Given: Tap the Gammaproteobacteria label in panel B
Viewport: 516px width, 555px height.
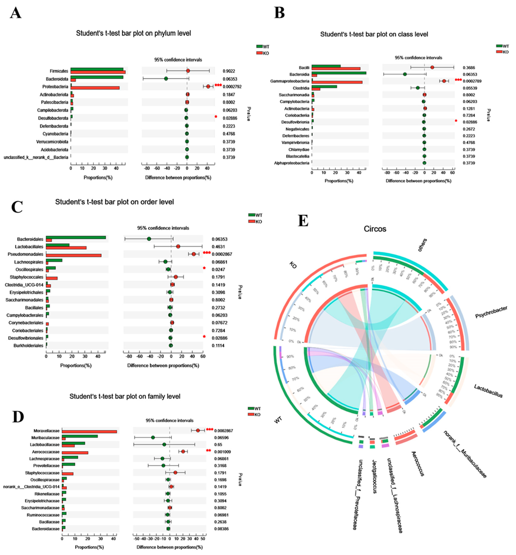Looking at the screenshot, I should click(x=290, y=81).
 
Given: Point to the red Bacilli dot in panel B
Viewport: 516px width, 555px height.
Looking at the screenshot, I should click(x=432, y=67).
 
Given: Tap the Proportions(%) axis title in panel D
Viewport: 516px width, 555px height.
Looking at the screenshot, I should click(x=89, y=547).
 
